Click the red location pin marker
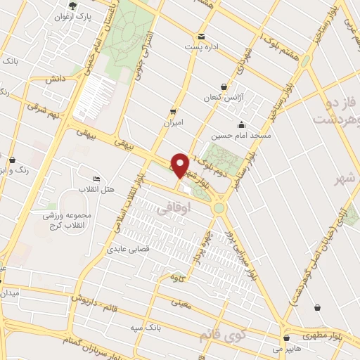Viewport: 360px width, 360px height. [181, 165]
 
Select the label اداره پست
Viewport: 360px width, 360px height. [203, 46]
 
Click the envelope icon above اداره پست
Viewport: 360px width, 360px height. [202, 37]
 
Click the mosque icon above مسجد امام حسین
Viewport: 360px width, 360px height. [242, 124]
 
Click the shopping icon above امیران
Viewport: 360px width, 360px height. [173, 111]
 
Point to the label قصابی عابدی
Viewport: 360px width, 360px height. [127, 249]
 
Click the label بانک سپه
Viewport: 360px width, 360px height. [146, 328]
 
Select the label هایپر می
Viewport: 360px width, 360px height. [286, 347]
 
